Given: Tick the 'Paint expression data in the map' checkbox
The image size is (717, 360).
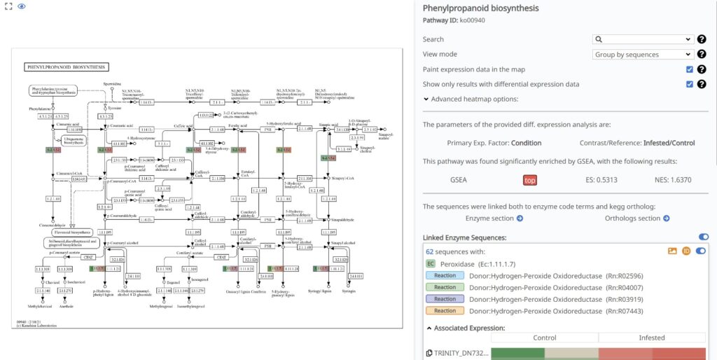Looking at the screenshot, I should click(x=690, y=69).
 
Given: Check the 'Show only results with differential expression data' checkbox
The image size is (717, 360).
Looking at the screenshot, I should click(x=690, y=84).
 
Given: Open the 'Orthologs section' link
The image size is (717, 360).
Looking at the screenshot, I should click(x=637, y=219).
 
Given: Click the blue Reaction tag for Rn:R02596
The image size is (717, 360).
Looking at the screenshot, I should click(x=445, y=275).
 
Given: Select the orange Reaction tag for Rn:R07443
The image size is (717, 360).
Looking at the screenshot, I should click(x=445, y=310).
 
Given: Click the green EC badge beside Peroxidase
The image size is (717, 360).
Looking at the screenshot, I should click(x=431, y=263).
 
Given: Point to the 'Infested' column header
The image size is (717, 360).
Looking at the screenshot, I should click(x=652, y=338).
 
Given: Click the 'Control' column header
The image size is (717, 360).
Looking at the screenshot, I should click(x=545, y=338).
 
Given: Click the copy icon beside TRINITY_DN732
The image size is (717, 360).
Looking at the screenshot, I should click(x=429, y=354).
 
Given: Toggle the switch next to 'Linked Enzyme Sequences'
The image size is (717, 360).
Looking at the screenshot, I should click(x=703, y=237).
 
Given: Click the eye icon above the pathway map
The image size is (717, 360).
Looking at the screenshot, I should click(x=21, y=6).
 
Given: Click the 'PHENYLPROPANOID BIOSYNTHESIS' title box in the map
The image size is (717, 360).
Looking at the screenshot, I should click(x=67, y=67).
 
